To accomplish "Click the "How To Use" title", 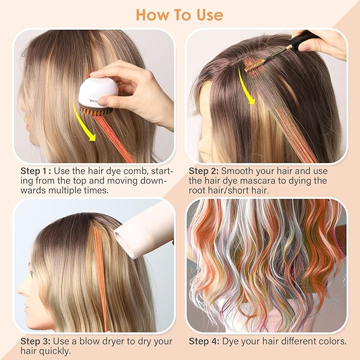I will click(x=179, y=14).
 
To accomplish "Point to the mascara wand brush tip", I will click(x=250, y=66).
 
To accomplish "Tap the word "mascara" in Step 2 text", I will click(x=268, y=181).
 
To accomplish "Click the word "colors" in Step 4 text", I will click(x=331, y=341).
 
